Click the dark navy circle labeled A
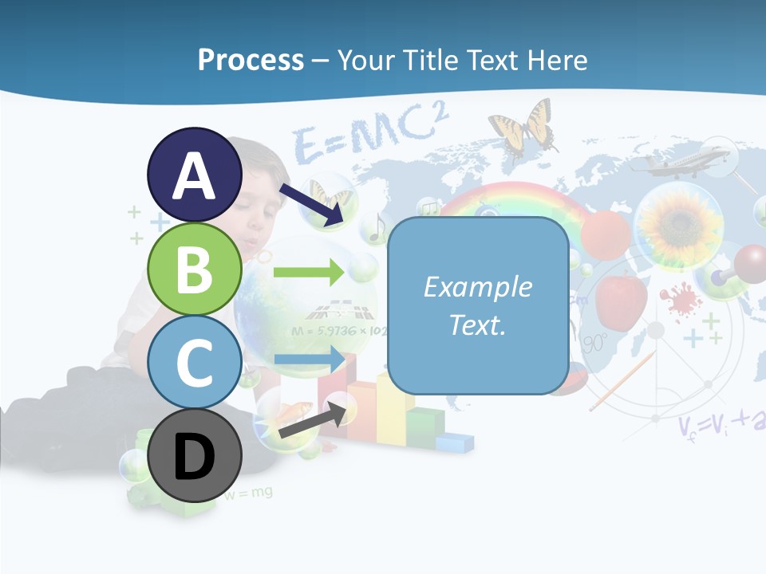[x=195, y=175]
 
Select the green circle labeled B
[x=195, y=269]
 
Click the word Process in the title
[x=251, y=60]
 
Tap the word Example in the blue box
[x=477, y=287]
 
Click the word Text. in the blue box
[x=477, y=324]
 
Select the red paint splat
[x=678, y=302]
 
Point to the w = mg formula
[x=248, y=493]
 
